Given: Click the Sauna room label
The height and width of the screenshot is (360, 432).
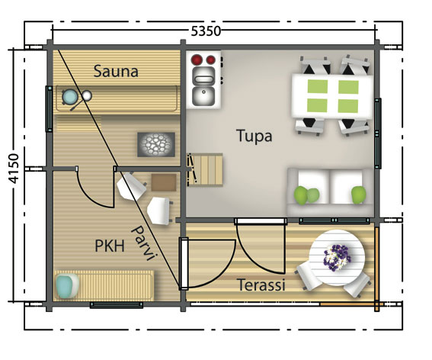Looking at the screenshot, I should (116, 72).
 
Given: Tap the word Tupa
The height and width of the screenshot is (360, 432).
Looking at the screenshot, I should (254, 137).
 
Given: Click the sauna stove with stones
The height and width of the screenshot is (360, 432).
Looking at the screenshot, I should (158, 144).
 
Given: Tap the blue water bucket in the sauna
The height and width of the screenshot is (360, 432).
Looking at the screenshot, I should (71, 98).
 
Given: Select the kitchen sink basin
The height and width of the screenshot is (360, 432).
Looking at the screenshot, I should (203, 96).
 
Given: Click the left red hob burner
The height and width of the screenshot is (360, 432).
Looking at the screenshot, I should (196, 59).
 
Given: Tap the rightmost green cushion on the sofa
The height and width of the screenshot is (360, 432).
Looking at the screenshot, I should (357, 195).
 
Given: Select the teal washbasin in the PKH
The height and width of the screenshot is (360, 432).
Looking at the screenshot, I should (67, 286).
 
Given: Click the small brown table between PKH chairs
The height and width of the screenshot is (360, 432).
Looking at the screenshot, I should (162, 182).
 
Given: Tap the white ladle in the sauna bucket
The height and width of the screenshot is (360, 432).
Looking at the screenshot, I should (88, 95).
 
